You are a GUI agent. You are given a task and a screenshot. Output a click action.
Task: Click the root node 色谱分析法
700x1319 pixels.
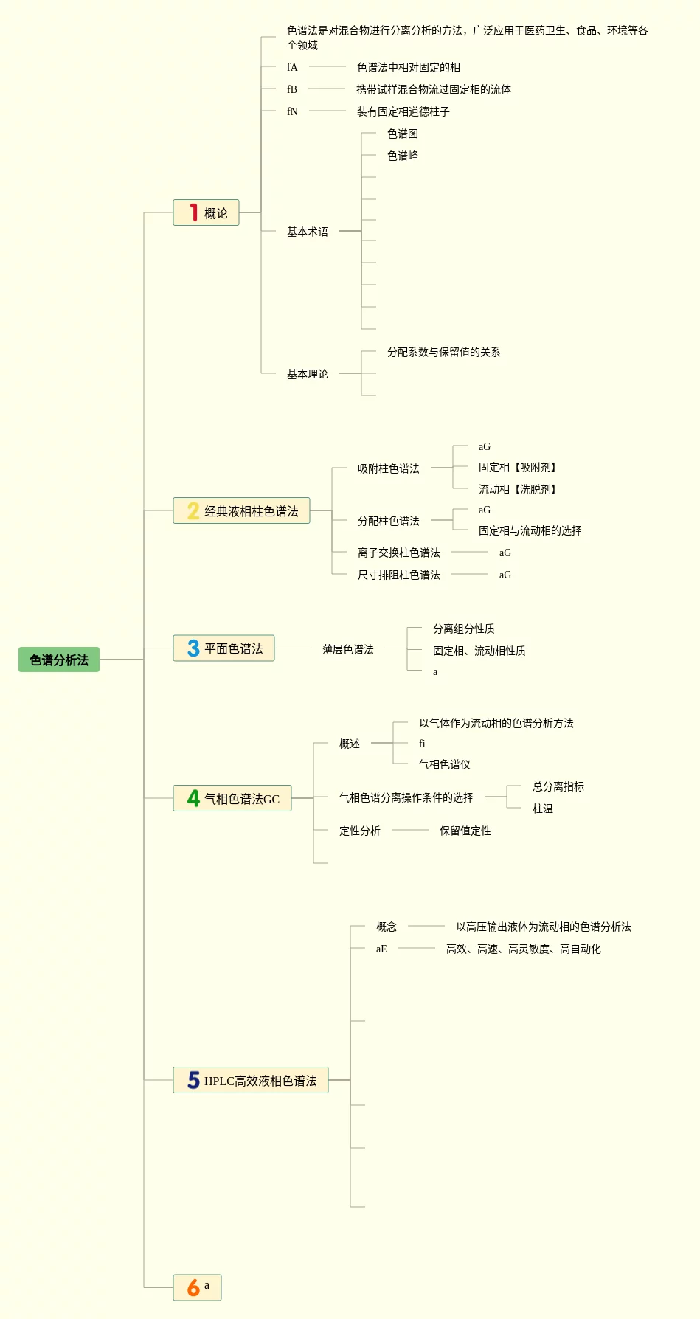[x=59, y=659]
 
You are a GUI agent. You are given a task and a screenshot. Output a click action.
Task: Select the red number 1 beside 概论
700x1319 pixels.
[x=193, y=212]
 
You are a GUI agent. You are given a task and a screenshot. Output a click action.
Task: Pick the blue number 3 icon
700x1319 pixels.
[x=193, y=648]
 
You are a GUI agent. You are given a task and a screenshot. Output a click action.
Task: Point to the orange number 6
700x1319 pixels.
[x=193, y=1287]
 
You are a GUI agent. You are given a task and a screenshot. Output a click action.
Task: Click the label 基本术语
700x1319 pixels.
[x=307, y=232]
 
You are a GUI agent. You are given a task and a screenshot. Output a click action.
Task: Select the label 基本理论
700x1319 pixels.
[x=307, y=374]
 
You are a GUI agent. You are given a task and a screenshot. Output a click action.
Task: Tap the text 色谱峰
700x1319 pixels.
[x=402, y=156]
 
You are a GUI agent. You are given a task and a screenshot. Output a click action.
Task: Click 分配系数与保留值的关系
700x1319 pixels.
[x=443, y=352]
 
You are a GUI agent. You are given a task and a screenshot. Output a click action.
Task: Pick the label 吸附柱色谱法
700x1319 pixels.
[x=388, y=468]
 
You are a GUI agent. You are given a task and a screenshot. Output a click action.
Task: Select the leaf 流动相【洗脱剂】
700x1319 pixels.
[x=517, y=489]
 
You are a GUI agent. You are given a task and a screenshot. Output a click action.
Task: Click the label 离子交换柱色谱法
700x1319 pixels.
[x=398, y=553]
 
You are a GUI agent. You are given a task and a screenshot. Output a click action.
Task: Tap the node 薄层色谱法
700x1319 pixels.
[x=347, y=649]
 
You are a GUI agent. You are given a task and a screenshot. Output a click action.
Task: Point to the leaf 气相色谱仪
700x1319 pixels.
[x=444, y=764]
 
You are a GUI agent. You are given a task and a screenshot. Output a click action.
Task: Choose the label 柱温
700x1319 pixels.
[x=542, y=809]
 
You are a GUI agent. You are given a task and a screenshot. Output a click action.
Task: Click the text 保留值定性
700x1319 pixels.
[x=465, y=831]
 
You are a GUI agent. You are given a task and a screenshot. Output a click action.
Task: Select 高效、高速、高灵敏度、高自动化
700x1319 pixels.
[x=523, y=949]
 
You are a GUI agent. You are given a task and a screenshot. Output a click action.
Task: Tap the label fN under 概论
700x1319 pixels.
[x=292, y=111]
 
